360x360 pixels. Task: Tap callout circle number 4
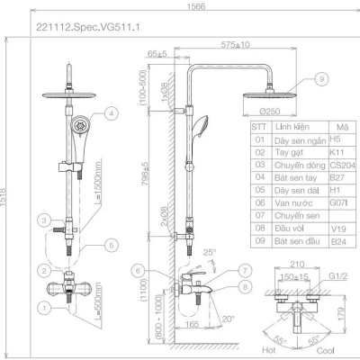[111, 114]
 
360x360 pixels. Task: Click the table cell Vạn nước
[292, 203]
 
